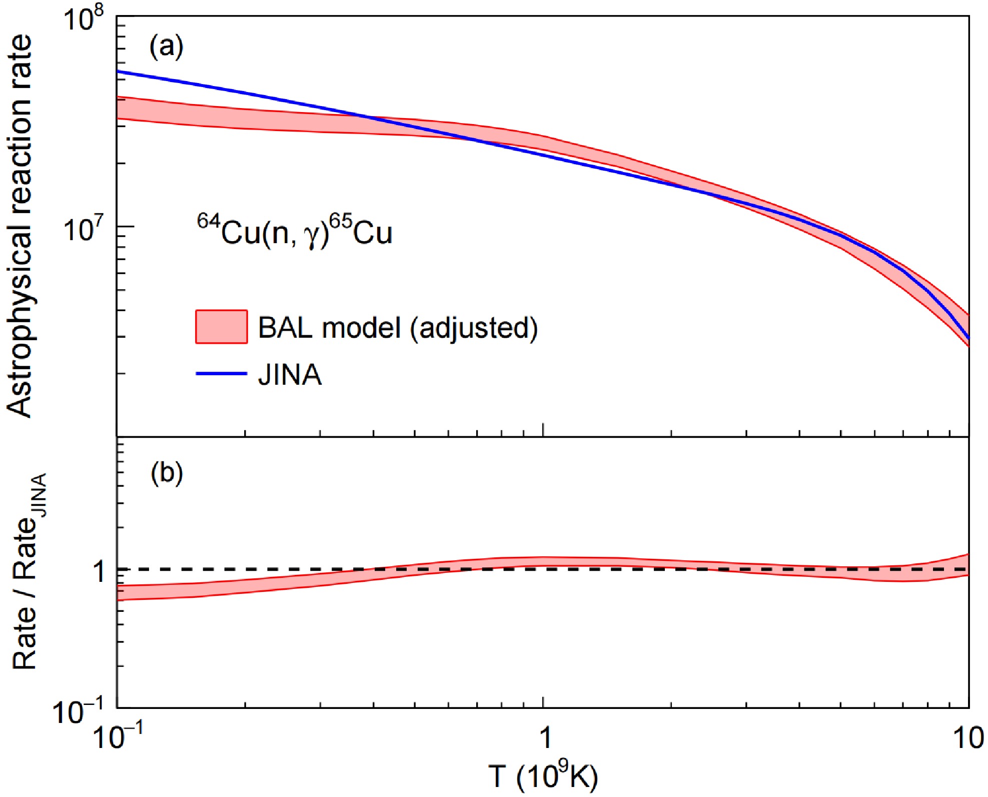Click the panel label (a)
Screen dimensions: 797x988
click(166, 47)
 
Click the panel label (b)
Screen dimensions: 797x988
click(166, 473)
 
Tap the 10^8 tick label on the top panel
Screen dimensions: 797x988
click(83, 23)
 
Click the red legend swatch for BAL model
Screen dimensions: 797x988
click(221, 327)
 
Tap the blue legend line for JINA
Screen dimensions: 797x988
click(221, 373)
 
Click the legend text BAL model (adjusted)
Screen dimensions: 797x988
click(398, 328)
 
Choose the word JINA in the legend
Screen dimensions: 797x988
click(290, 374)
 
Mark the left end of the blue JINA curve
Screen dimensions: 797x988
click(118, 71)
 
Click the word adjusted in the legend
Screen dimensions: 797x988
click(474, 329)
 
